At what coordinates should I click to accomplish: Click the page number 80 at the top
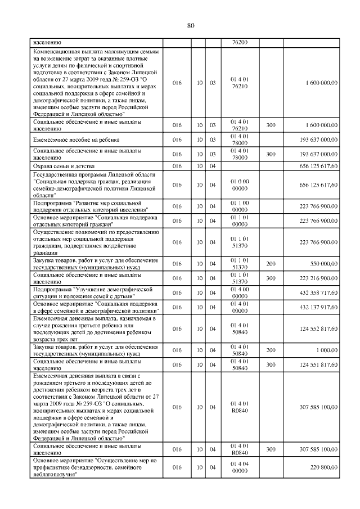coord(190,25)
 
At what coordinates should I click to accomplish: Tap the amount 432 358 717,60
coord(319,292)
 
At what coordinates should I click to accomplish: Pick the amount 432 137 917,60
coord(319,307)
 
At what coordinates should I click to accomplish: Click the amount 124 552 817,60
coord(319,328)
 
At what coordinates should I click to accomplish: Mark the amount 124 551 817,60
coord(319,364)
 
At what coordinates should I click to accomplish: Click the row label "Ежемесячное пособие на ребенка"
coord(76,139)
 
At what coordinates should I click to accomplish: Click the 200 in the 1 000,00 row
coord(271,350)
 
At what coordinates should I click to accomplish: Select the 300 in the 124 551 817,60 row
coord(271,364)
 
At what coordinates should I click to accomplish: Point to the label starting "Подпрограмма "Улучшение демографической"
coord(93,292)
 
